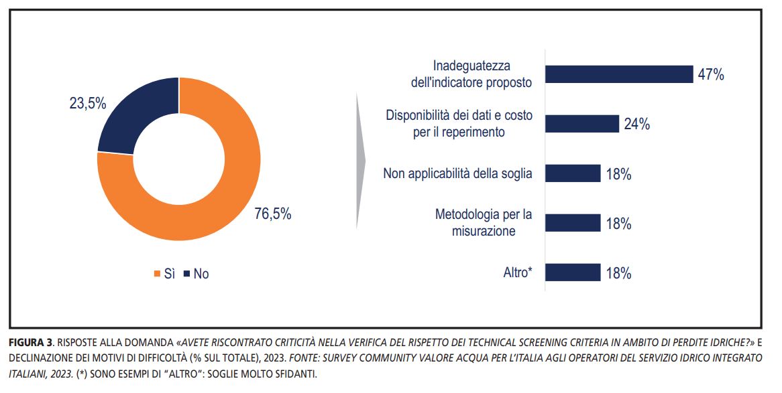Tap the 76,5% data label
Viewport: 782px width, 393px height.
tap(272, 214)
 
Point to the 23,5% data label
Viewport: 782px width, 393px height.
tap(88, 104)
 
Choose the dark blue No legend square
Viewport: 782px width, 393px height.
tap(187, 274)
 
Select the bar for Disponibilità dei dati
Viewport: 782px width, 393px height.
tap(581, 124)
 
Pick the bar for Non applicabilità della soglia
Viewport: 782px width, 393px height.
tap(572, 173)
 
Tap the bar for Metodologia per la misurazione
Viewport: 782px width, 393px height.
tap(572, 223)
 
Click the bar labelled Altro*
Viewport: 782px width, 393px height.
tap(572, 272)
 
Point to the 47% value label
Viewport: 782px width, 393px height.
tap(710, 75)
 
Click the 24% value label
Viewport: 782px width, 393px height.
tap(636, 125)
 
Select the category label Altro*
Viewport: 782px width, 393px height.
tap(518, 272)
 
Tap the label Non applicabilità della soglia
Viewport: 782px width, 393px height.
tap(457, 173)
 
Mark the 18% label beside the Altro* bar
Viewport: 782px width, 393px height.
tap(618, 273)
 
